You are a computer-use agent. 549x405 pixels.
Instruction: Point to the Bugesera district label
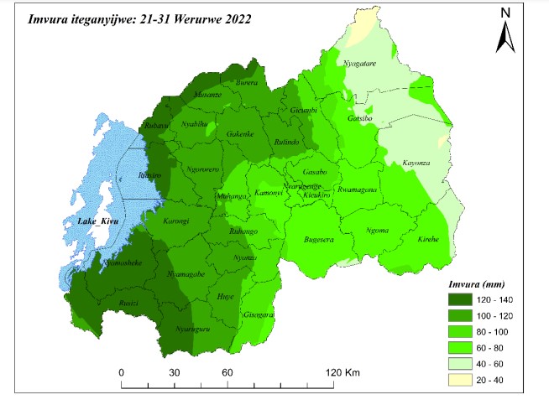click(x=319, y=240)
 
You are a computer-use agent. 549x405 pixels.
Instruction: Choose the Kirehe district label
click(x=428, y=238)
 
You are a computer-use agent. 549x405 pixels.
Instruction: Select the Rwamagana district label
click(x=356, y=190)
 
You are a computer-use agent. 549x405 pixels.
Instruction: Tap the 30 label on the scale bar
click(x=175, y=372)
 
